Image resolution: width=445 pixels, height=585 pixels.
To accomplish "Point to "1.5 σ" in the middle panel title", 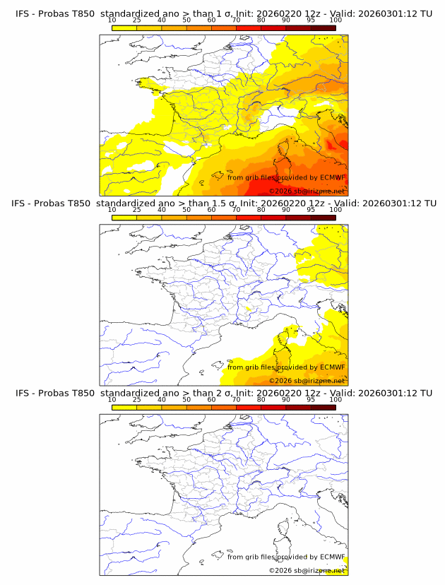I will [x=232, y=203].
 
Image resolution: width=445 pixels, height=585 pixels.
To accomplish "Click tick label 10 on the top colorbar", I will [x=112, y=21].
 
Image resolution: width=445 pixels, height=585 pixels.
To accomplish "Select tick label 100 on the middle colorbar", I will [x=336, y=210].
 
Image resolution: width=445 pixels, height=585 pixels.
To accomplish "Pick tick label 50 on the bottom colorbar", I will [x=186, y=399].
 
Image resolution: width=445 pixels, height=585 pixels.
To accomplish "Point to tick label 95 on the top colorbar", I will [x=311, y=21].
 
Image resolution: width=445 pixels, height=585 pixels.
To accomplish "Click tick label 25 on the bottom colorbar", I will [x=137, y=399].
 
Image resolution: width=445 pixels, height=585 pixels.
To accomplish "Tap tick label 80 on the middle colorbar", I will [x=261, y=210].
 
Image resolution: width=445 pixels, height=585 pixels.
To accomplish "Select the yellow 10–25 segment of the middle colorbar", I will [x=124, y=218].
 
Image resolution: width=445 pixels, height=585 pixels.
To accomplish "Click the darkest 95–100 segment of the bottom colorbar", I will [x=323, y=407].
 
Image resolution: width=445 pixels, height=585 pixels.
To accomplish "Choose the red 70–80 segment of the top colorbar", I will [x=249, y=28].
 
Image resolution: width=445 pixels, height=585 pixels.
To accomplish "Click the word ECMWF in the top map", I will [x=332, y=178].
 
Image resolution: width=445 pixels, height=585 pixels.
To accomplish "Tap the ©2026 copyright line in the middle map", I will [x=307, y=381].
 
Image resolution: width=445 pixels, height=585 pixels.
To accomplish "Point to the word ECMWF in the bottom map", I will [x=332, y=557].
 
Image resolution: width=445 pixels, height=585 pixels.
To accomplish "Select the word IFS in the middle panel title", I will [x=23, y=203].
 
